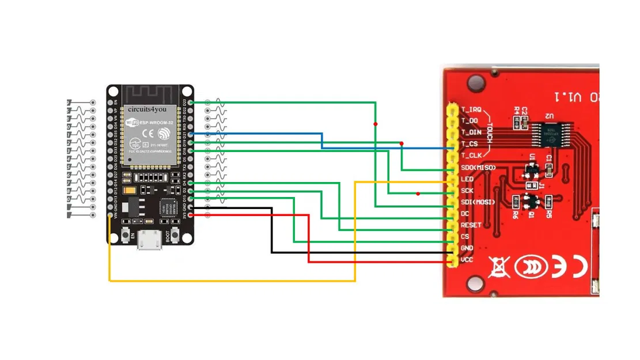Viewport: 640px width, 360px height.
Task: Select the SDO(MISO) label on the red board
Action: tap(479, 168)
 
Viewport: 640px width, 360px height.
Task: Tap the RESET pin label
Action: tap(471, 225)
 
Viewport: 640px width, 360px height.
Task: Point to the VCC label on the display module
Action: tap(467, 260)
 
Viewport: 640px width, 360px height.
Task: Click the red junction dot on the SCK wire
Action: tap(418, 194)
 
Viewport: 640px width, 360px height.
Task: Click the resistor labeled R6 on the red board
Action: tap(514, 201)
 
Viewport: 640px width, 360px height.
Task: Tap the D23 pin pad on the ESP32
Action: tap(191, 103)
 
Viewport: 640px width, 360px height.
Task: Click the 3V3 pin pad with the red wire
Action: tap(191, 215)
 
